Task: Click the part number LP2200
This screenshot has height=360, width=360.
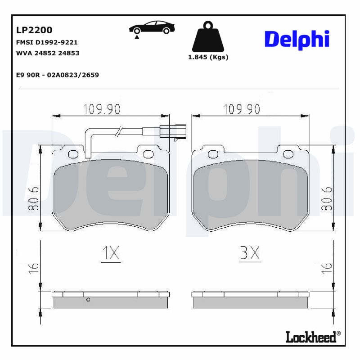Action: (34, 30)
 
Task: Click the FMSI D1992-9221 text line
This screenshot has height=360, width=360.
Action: (47, 42)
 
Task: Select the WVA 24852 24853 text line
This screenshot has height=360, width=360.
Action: (47, 53)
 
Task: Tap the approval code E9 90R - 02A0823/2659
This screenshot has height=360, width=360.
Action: (57, 75)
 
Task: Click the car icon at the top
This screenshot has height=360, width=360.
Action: (152, 27)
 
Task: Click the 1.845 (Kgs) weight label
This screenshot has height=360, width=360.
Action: (208, 57)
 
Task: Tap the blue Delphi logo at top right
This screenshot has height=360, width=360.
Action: (297, 40)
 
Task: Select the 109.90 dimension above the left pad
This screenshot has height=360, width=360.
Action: (102, 109)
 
